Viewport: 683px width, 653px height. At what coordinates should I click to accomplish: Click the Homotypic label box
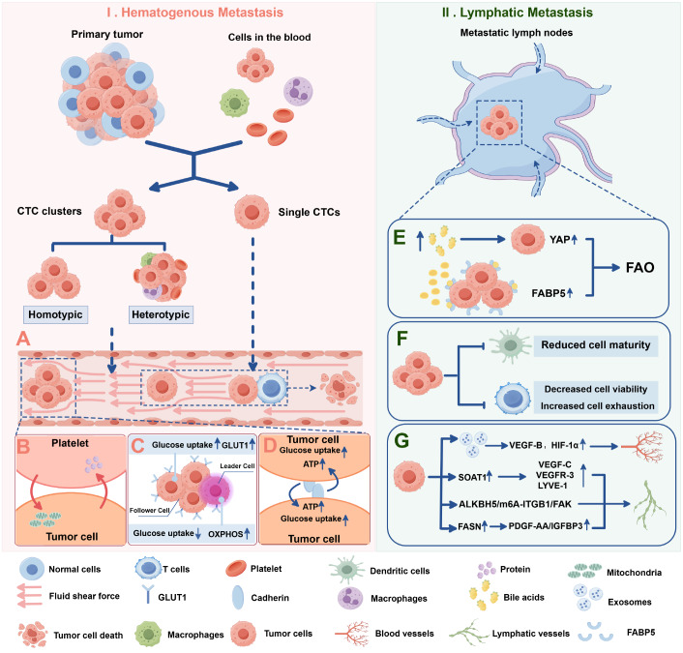click(55, 314)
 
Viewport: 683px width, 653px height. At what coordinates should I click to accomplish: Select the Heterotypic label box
click(161, 314)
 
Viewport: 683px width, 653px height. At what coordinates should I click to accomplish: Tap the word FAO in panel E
click(639, 267)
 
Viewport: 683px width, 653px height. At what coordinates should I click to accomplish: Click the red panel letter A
click(23, 339)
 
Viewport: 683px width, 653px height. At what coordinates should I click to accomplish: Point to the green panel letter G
click(401, 441)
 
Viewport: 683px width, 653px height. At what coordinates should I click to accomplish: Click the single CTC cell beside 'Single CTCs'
click(252, 212)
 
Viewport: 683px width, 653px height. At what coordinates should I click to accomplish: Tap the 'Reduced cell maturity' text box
click(595, 345)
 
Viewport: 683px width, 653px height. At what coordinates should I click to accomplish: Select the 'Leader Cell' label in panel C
click(237, 466)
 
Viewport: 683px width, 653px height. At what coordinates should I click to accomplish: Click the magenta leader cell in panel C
click(216, 490)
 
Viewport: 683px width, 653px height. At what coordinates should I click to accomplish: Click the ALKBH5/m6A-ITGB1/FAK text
click(515, 504)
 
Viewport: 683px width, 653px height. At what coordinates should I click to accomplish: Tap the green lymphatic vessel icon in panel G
click(649, 505)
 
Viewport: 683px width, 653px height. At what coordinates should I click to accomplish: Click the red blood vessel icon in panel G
click(643, 447)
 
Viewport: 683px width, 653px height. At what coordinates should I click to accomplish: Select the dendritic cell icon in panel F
click(510, 346)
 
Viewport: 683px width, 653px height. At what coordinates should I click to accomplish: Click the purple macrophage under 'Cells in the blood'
click(298, 92)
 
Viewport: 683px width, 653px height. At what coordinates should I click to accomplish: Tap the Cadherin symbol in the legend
click(238, 597)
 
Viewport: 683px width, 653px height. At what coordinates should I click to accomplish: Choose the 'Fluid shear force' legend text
click(84, 596)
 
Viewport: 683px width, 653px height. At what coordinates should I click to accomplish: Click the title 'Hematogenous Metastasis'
click(202, 13)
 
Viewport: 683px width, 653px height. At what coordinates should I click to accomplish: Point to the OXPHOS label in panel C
click(225, 534)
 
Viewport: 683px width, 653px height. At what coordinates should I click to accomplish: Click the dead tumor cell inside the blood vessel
click(340, 387)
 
